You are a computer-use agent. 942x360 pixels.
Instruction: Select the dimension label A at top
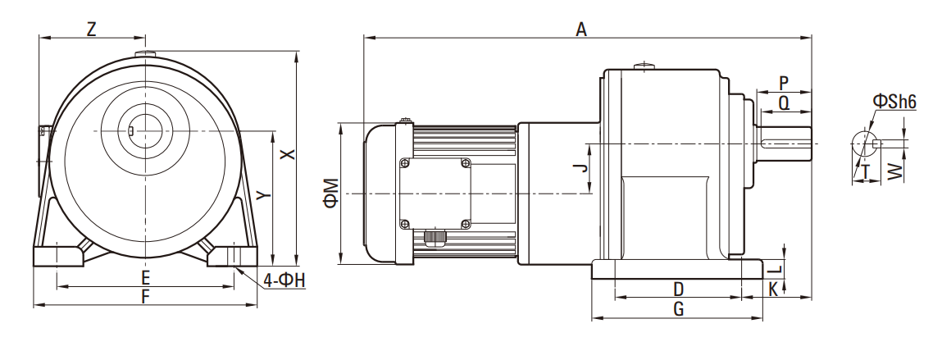(582, 30)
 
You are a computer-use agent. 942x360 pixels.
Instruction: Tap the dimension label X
(284, 154)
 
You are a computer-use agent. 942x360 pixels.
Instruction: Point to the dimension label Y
(261, 194)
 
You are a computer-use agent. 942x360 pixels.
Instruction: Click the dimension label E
(145, 277)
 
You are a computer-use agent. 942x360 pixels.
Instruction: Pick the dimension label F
(145, 297)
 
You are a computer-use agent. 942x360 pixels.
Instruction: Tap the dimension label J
(580, 168)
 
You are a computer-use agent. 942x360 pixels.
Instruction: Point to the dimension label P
(784, 83)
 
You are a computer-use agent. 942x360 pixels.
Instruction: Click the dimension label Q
(784, 103)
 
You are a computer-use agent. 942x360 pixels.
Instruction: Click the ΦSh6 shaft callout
(894, 101)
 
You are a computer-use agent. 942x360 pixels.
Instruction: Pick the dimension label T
(866, 171)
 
